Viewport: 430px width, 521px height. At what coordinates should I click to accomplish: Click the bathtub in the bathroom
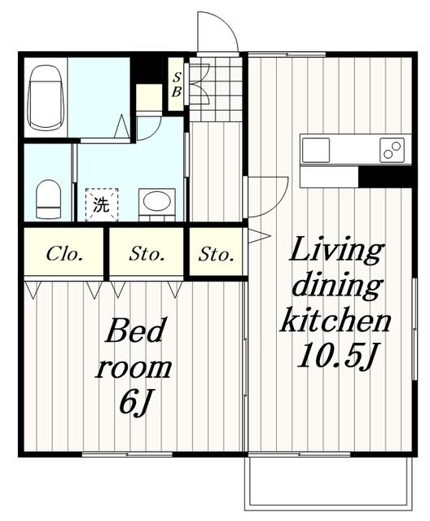pos(46,98)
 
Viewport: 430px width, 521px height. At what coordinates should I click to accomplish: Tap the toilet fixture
pos(49,199)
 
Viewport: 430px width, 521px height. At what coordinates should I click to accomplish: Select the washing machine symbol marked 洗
pos(102,204)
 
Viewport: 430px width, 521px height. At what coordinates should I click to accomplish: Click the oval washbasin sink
pos(157,200)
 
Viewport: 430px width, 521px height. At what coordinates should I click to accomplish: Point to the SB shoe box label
pos(176,85)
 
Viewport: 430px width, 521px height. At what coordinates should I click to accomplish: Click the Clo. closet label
pos(64,254)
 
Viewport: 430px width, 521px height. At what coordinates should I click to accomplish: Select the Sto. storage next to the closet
pos(147,254)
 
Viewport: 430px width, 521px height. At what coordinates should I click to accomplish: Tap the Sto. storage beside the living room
pos(216,255)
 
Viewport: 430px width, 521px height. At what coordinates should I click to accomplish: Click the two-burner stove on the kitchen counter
pos(392,150)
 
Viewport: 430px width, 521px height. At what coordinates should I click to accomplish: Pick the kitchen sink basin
pos(315,150)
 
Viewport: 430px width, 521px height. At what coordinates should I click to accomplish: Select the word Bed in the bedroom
pos(135,331)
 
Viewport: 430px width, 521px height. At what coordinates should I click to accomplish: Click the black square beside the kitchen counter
pos(385,177)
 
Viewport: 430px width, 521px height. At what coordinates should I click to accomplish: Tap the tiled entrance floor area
pos(215,89)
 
